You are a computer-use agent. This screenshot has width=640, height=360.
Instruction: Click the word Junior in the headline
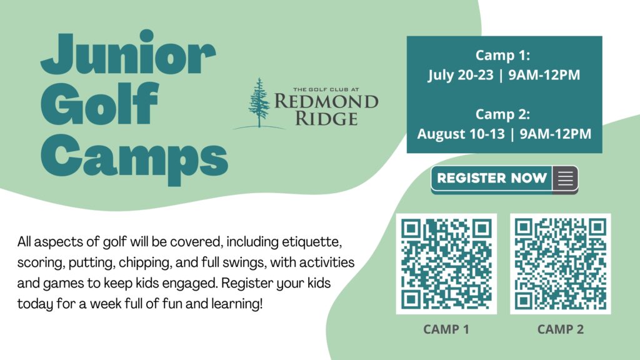(x=127, y=52)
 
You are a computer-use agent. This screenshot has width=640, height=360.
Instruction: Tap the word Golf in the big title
(x=99, y=103)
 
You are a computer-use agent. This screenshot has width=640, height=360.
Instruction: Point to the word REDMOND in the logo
(x=326, y=101)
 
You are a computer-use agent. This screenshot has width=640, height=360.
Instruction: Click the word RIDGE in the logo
(x=326, y=118)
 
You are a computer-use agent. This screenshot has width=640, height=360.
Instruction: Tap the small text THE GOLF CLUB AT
(x=326, y=89)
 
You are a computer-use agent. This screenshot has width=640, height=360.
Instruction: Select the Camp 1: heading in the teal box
(x=503, y=55)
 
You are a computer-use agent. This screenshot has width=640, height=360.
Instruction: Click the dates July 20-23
(x=461, y=75)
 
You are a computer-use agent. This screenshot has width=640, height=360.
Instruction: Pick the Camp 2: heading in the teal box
(x=503, y=114)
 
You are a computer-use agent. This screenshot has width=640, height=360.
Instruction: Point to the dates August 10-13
(x=461, y=134)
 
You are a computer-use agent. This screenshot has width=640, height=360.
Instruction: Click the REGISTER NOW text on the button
(x=492, y=178)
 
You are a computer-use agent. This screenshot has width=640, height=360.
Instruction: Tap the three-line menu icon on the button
(x=565, y=178)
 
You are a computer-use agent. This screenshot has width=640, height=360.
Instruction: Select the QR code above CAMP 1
(x=446, y=264)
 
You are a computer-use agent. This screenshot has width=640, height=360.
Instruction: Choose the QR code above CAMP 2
(x=561, y=264)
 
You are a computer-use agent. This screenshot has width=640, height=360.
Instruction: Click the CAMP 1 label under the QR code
(x=446, y=329)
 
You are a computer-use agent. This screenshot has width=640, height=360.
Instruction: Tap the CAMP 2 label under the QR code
(x=561, y=329)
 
